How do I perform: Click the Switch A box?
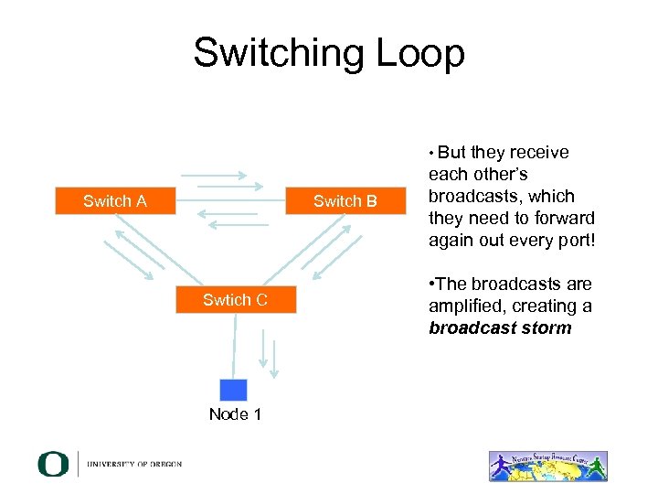tap(114, 201)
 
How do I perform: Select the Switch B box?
tap(345, 201)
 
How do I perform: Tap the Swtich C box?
tap(236, 300)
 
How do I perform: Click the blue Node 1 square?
tap(234, 389)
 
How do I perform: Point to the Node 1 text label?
tap(235, 414)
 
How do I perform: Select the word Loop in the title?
tap(423, 53)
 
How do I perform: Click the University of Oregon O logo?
tap(53, 464)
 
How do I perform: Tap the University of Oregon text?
tap(134, 464)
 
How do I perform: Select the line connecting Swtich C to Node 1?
tap(235, 347)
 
